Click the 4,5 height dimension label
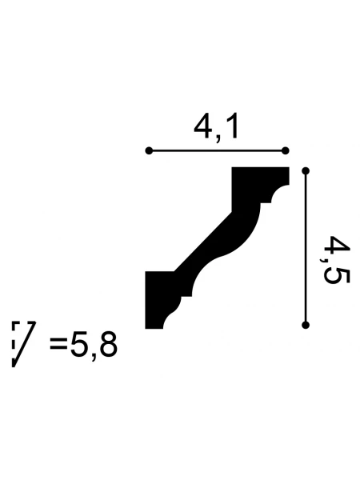(x=335, y=260)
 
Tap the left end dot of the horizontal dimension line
(x=149, y=151)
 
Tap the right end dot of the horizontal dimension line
(x=285, y=151)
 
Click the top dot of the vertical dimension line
(x=306, y=171)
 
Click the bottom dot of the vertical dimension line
(x=306, y=325)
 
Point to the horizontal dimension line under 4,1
(x=217, y=151)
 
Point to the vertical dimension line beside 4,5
(x=306, y=248)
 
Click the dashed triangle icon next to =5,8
(x=24, y=344)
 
